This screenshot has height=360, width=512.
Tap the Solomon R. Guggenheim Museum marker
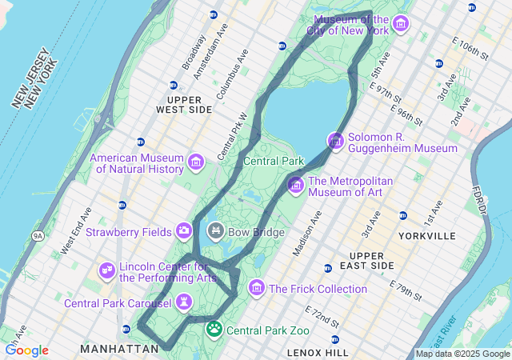[336, 141]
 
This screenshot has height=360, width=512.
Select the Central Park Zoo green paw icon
[214, 329]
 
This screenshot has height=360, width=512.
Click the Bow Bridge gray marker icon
[215, 232]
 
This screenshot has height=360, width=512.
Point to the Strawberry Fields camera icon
[184, 231]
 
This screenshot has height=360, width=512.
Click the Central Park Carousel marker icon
[185, 302]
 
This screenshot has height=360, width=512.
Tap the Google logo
[26, 350]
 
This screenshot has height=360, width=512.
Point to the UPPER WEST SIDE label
[183, 103]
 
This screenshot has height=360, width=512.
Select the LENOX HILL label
[318, 352]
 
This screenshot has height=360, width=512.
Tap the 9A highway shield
[38, 236]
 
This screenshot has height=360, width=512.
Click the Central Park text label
[274, 161]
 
